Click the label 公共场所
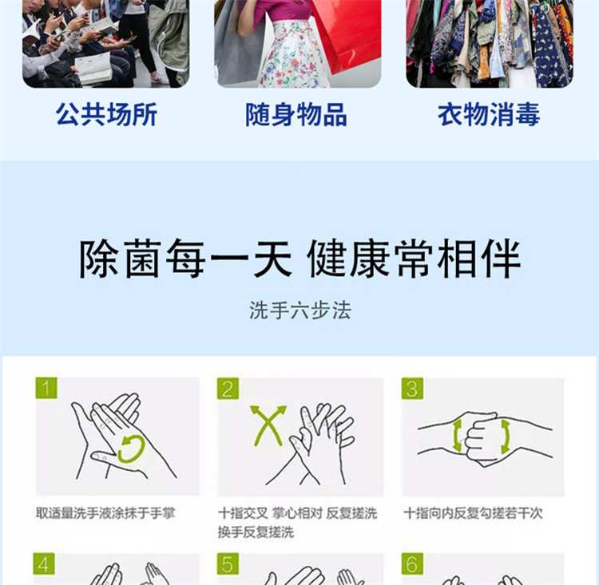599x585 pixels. pyautogui.click(x=106, y=114)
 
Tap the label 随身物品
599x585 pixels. pyautogui.click(x=296, y=114)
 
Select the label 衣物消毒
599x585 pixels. pyautogui.click(x=489, y=114)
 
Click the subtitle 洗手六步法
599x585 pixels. pyautogui.click(x=299, y=310)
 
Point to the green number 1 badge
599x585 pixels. pyautogui.click(x=46, y=388)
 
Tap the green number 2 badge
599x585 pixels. pyautogui.click(x=228, y=389)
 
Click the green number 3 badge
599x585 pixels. pyautogui.click(x=412, y=389)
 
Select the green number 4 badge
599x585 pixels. pyautogui.click(x=44, y=563)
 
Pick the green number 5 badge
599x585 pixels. pyautogui.click(x=228, y=563)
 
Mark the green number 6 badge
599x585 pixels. pyautogui.click(x=412, y=563)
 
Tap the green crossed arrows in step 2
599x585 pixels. pyautogui.click(x=268, y=425)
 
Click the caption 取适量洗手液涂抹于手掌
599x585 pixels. pyautogui.click(x=105, y=513)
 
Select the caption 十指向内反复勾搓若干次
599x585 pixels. pyautogui.click(x=473, y=513)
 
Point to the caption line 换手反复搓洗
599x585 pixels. pyautogui.click(x=256, y=532)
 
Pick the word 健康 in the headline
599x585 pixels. pyautogui.click(x=350, y=259)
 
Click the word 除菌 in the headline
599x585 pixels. pyautogui.click(x=121, y=259)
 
